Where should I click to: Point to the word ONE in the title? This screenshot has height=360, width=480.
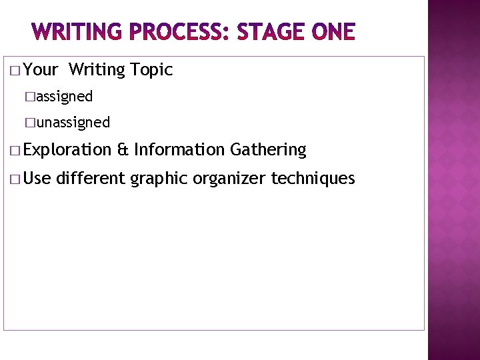click(331, 31)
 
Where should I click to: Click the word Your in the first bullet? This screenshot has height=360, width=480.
click(44, 70)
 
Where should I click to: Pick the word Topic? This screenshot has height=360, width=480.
click(152, 70)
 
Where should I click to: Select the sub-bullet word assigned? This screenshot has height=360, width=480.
click(65, 97)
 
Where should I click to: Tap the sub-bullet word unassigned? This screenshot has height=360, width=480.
click(73, 123)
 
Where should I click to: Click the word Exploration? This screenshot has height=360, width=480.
click(69, 151)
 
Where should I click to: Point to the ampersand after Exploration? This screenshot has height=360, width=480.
click(122, 151)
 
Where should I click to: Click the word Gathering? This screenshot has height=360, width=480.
click(267, 151)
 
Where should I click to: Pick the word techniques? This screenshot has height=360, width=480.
click(313, 179)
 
